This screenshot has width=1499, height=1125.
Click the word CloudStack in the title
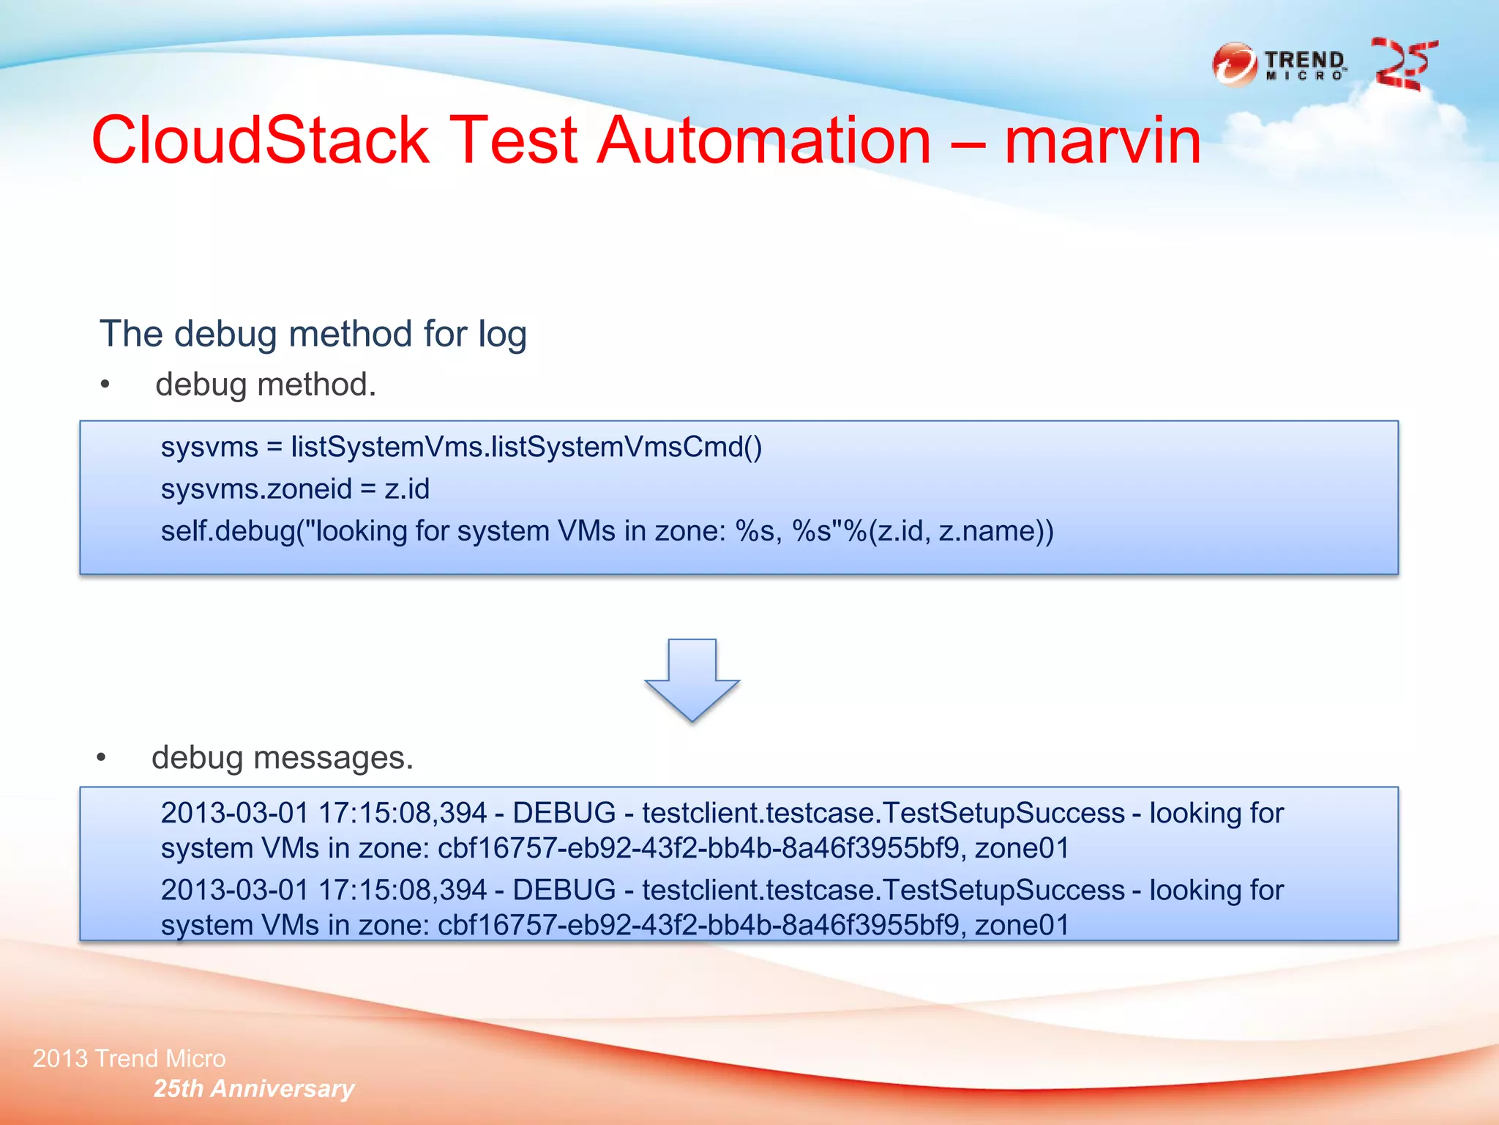click(x=260, y=141)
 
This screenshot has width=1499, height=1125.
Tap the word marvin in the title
click(x=1102, y=141)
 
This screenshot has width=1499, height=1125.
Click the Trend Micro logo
click(x=1279, y=64)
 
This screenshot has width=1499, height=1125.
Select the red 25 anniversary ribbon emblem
click(x=1403, y=64)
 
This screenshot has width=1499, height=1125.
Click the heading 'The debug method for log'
click(x=313, y=334)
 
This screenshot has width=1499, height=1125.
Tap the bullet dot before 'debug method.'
click(x=105, y=385)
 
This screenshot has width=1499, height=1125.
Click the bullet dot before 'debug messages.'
click(x=101, y=758)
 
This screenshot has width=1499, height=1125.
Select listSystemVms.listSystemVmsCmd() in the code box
click(x=526, y=447)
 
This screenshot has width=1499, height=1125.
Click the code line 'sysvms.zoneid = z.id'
click(x=295, y=489)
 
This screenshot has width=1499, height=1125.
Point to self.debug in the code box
click(x=228, y=531)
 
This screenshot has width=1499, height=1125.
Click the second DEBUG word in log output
click(x=564, y=891)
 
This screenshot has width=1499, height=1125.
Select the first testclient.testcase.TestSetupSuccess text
click(x=883, y=813)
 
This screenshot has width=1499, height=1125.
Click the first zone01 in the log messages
click(x=1022, y=848)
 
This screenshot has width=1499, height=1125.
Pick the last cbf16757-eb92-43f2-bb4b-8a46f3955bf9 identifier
click(x=698, y=926)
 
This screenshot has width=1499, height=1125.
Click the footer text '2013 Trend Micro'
click(x=130, y=1058)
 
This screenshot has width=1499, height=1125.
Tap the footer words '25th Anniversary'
click(x=253, y=1089)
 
